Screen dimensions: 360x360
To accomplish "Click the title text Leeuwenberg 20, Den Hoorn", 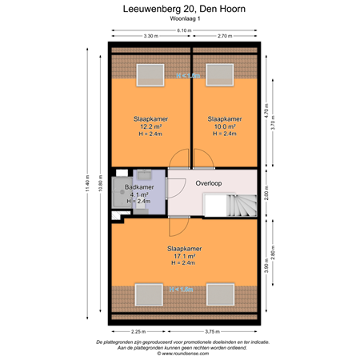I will (180, 10).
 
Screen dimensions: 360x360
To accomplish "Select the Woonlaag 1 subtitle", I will (180, 22).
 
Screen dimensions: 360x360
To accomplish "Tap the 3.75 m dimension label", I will (211, 331).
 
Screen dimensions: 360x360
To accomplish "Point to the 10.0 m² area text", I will (223, 126).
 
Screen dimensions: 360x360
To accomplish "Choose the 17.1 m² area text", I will (185, 257).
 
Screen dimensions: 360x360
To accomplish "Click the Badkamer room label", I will (140, 187).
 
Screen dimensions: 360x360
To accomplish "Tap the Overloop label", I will (208, 183).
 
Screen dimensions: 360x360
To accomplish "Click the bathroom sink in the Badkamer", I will (146, 174).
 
